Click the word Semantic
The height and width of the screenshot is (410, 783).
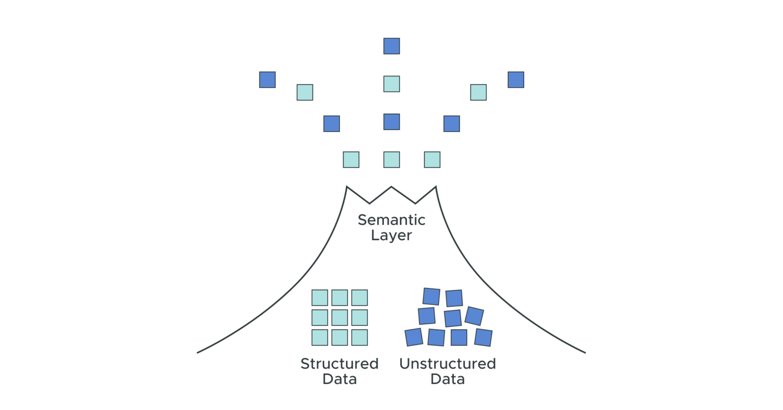[x=391, y=220]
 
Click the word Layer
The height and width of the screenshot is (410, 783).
[x=391, y=236]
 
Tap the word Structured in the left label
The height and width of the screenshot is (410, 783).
[x=339, y=364]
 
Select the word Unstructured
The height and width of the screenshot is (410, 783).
[x=447, y=364]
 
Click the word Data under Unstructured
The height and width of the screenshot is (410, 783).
[x=447, y=379]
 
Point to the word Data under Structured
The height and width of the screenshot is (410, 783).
[x=339, y=379]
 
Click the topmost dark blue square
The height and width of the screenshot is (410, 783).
[x=391, y=46]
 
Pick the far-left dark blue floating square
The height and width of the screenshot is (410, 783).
[x=267, y=80]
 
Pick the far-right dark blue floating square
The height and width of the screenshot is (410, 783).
[x=515, y=80]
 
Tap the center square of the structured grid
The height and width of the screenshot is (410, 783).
[x=340, y=318]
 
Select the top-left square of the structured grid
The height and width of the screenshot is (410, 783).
[x=320, y=298]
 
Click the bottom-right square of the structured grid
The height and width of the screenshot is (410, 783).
[x=359, y=338]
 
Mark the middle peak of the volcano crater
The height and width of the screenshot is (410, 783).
[x=391, y=187]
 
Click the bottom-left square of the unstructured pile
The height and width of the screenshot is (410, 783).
[x=413, y=337]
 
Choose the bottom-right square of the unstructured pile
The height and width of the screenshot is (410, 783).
[x=483, y=337]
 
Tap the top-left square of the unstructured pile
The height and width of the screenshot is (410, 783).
[x=431, y=296]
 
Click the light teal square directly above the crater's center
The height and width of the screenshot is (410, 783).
[x=391, y=160]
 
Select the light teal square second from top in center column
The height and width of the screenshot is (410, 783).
[x=391, y=84]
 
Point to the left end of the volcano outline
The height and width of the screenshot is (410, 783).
[x=198, y=352]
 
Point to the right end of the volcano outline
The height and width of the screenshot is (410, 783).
[x=585, y=352]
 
